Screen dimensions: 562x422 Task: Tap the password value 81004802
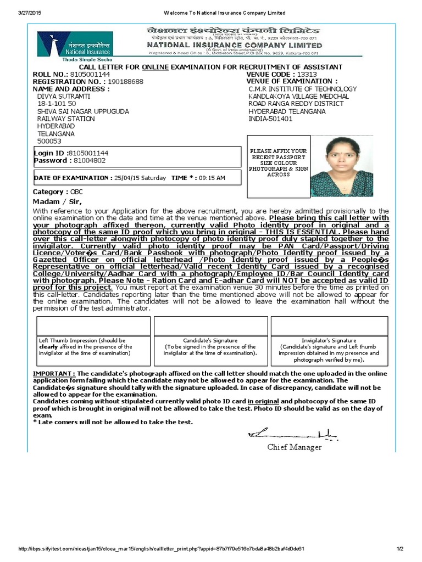click(89, 161)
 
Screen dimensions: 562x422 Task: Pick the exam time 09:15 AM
click(211, 178)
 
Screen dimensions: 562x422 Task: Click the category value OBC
click(76, 192)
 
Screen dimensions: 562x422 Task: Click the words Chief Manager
click(295, 447)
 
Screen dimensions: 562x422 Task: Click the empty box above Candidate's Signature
click(211, 326)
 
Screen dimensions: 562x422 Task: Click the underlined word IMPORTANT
click(54, 373)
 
